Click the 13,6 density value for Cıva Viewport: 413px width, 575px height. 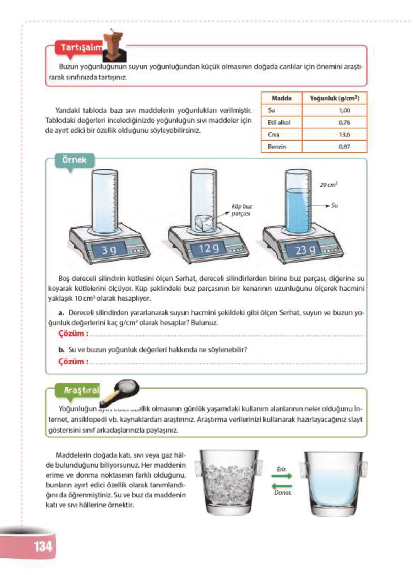tap(344, 134)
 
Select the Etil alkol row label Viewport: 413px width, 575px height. tap(279, 122)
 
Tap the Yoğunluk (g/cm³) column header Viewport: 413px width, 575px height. tap(334, 98)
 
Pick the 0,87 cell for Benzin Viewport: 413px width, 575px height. tap(344, 147)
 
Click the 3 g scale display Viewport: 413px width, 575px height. tap(109, 250)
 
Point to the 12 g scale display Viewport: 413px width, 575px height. tap(208, 248)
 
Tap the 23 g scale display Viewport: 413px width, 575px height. tap(305, 250)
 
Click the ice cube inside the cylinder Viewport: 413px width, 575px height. tap(203, 223)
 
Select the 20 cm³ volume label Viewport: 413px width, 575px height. tap(328, 185)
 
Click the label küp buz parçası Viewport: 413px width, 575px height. tap(241, 210)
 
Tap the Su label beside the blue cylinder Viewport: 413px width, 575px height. tap(335, 205)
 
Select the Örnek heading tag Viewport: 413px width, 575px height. tap(74, 160)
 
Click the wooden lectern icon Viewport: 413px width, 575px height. tap(114, 46)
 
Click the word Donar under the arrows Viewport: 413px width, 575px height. tap(282, 492)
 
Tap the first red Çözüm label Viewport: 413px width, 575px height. tap(73, 334)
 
